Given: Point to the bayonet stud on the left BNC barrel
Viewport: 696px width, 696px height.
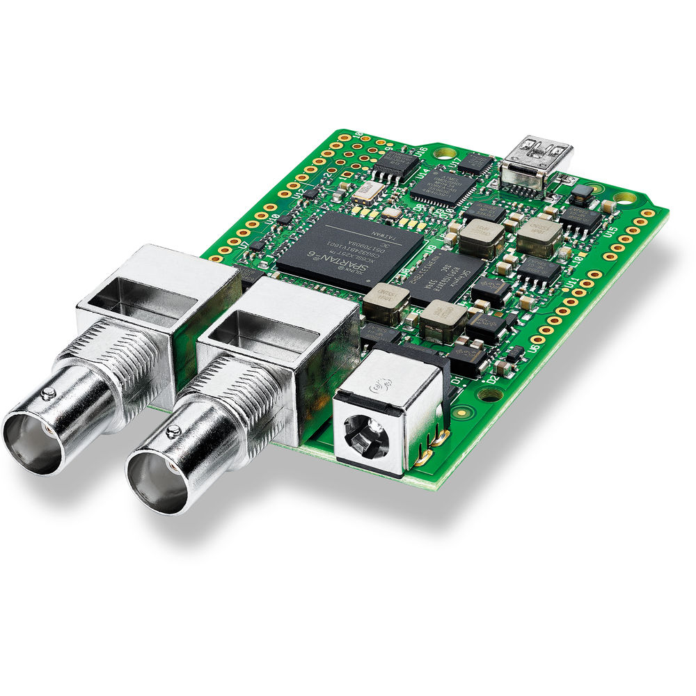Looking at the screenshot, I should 48,395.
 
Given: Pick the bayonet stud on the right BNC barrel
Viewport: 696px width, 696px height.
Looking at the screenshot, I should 173,432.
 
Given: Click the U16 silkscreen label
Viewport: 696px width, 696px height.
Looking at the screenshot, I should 421,150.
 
